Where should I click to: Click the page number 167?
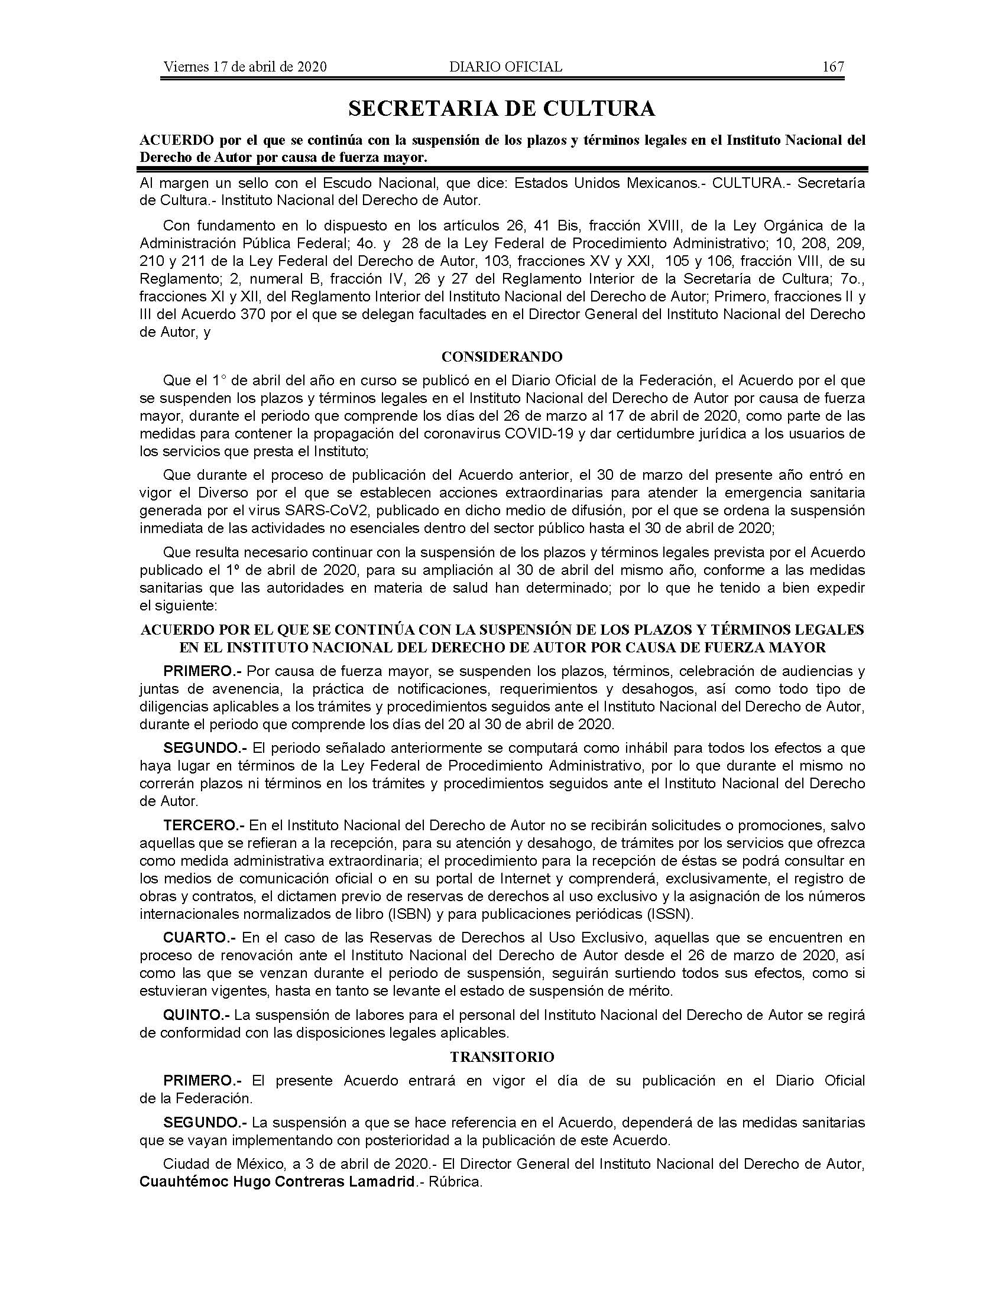pyautogui.click(x=833, y=67)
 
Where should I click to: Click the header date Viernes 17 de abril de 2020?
pyautogui.click(x=245, y=67)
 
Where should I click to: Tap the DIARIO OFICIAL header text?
pyautogui.click(x=505, y=67)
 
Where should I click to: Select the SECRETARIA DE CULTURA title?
pyautogui.click(x=502, y=108)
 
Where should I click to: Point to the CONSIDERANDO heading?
pyautogui.click(x=502, y=356)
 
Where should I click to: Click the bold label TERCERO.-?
pyautogui.click(x=203, y=825)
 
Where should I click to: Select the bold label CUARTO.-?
pyautogui.click(x=199, y=938)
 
